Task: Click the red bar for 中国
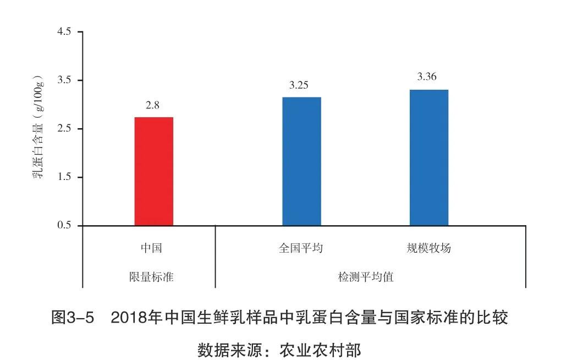click(153, 171)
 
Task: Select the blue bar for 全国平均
click(301, 161)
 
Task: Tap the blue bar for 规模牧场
click(428, 157)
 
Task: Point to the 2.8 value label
click(152, 105)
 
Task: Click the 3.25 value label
click(299, 85)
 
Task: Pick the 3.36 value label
click(427, 77)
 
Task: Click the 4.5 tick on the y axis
click(64, 32)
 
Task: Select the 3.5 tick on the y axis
click(64, 80)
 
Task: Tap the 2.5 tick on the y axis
click(64, 129)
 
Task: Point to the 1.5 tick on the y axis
click(64, 177)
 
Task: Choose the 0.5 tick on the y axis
click(64, 226)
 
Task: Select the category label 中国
click(151, 248)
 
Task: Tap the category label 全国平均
click(301, 248)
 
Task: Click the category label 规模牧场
click(428, 248)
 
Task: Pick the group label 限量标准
click(151, 277)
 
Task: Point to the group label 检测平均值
click(366, 277)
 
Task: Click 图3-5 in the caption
click(73, 318)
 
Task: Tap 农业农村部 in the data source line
click(320, 350)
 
